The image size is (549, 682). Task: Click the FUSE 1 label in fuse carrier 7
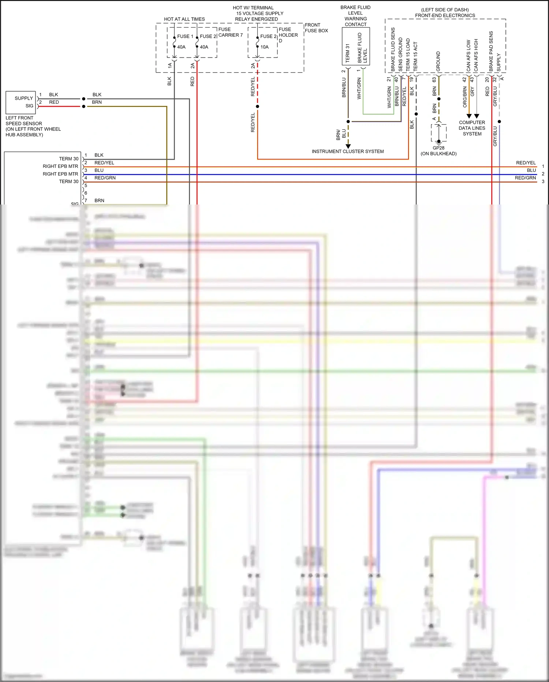[185, 36]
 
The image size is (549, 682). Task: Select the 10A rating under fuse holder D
[264, 47]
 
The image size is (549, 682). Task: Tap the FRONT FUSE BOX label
[316, 28]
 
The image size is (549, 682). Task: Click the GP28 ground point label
[438, 148]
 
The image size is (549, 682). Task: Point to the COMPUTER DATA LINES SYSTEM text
[472, 128]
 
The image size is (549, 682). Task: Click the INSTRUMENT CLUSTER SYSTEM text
[347, 151]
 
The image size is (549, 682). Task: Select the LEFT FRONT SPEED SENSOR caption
[33, 126]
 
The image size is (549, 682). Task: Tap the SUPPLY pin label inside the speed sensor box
[24, 98]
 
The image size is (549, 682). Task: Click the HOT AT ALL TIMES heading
[184, 19]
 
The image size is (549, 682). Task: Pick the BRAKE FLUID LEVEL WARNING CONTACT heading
[355, 16]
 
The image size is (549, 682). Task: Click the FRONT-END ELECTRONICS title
[445, 15]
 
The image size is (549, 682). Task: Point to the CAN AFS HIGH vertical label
[476, 55]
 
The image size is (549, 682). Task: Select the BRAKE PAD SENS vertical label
[491, 51]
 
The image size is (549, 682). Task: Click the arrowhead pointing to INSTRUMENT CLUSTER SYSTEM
[348, 146]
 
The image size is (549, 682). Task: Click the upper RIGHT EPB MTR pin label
[60, 166]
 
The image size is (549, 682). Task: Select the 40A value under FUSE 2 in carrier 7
[204, 47]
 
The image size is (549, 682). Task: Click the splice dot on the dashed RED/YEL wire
[257, 106]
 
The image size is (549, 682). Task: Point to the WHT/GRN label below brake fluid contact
[359, 88]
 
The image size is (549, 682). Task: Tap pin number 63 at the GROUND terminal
[434, 80]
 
